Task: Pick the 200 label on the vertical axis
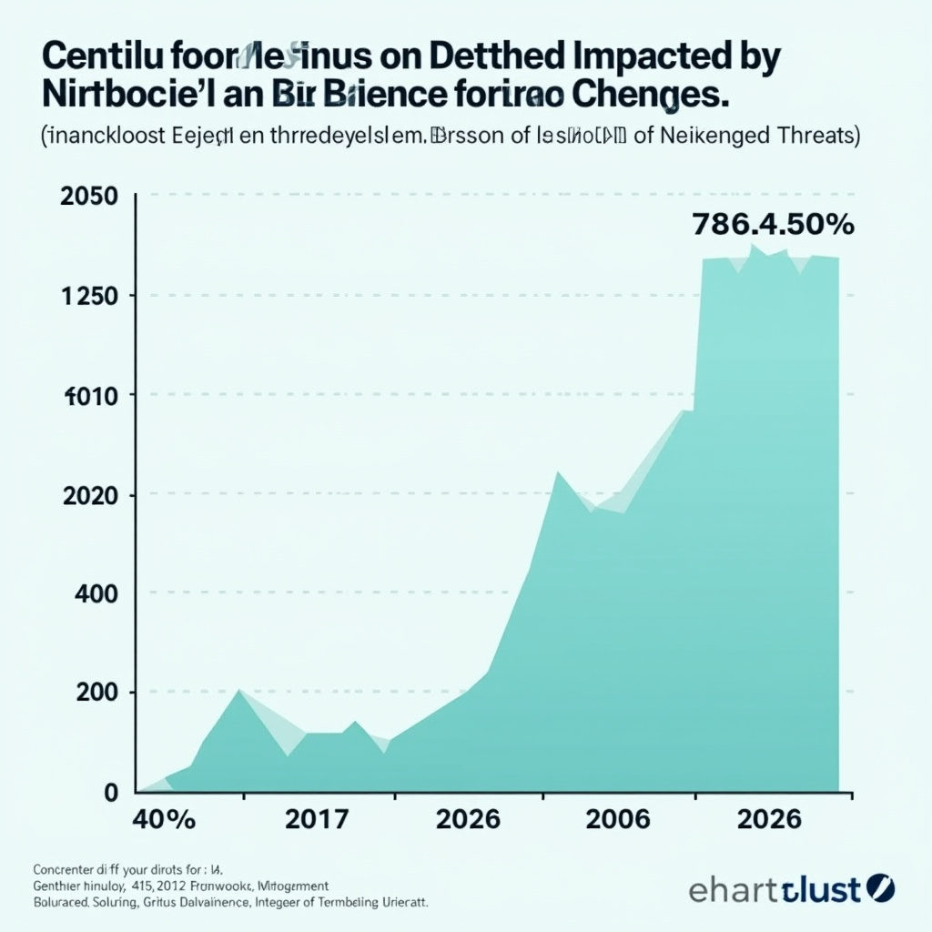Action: [x=99, y=693]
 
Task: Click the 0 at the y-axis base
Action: [x=112, y=792]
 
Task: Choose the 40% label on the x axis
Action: [x=164, y=818]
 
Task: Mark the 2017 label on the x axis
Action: [x=316, y=818]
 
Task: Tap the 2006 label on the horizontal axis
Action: [x=619, y=818]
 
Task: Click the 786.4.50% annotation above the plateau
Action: [x=773, y=224]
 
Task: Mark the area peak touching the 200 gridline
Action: [x=239, y=691]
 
